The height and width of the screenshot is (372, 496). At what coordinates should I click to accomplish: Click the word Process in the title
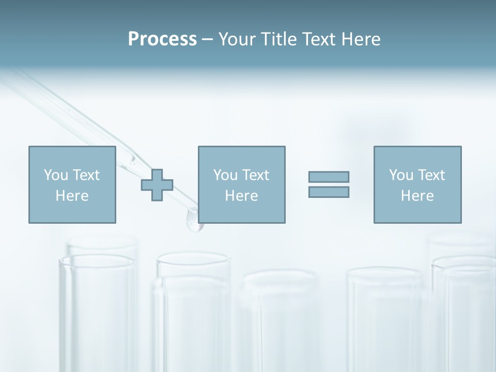click(162, 39)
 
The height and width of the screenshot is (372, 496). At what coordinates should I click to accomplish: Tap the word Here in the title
click(360, 39)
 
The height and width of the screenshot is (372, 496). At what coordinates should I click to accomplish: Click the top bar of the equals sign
click(329, 177)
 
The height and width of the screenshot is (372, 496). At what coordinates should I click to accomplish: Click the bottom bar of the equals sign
click(329, 192)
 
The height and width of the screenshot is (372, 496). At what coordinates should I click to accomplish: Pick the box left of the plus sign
click(72, 184)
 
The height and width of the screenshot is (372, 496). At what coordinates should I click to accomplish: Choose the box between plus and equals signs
click(241, 184)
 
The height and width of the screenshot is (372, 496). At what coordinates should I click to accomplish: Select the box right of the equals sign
click(417, 184)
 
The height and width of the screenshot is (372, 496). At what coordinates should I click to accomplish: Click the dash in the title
click(207, 40)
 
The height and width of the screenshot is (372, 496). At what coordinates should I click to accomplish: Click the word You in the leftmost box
click(55, 175)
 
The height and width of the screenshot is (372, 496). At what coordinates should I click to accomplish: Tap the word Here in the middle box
click(241, 196)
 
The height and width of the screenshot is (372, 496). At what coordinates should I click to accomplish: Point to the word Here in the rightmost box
click(417, 196)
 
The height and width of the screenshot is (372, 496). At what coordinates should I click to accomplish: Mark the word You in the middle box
click(225, 175)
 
